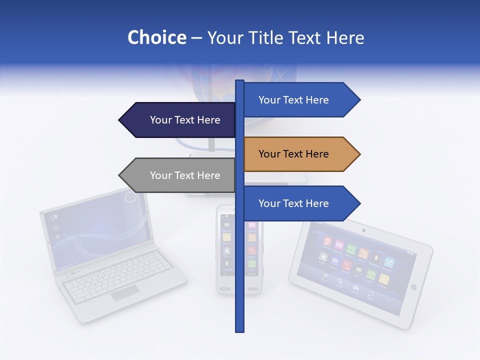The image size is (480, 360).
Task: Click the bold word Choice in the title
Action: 156,37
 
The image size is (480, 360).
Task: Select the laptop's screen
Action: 97,227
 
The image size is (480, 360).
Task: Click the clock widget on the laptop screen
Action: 130,198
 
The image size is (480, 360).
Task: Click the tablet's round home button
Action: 413,287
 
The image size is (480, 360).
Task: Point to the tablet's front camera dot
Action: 363,230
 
